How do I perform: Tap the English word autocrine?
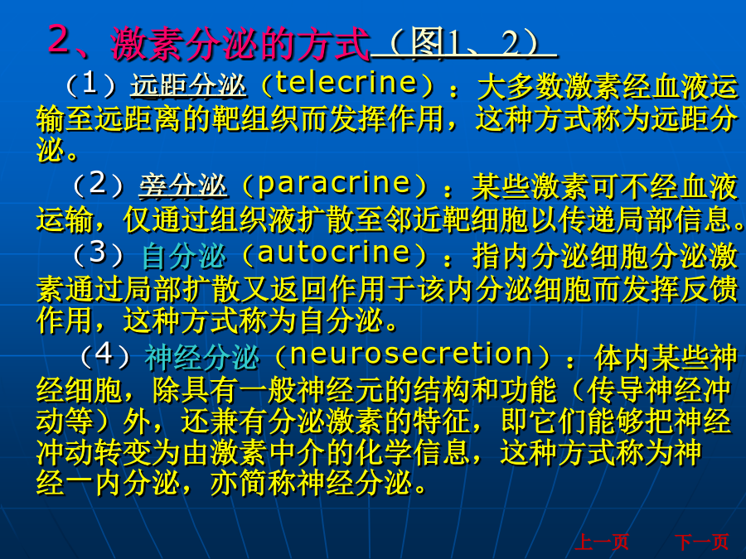(x=334, y=252)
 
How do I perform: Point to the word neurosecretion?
(x=411, y=354)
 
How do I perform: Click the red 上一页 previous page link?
(x=602, y=542)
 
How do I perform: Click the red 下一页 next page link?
(x=702, y=542)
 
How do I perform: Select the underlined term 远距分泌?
(x=189, y=85)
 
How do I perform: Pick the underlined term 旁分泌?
(x=183, y=185)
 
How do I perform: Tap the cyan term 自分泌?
(x=184, y=255)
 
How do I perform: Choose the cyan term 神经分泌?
(x=202, y=357)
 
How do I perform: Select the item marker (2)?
(x=98, y=184)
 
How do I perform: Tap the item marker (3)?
(x=98, y=253)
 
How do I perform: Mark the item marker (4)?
(x=104, y=355)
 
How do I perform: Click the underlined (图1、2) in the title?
(x=464, y=43)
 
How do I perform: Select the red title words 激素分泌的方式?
(x=240, y=44)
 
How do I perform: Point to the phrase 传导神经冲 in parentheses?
(x=659, y=391)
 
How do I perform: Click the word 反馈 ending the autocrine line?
(x=710, y=290)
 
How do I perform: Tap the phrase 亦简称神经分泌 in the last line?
(x=311, y=483)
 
